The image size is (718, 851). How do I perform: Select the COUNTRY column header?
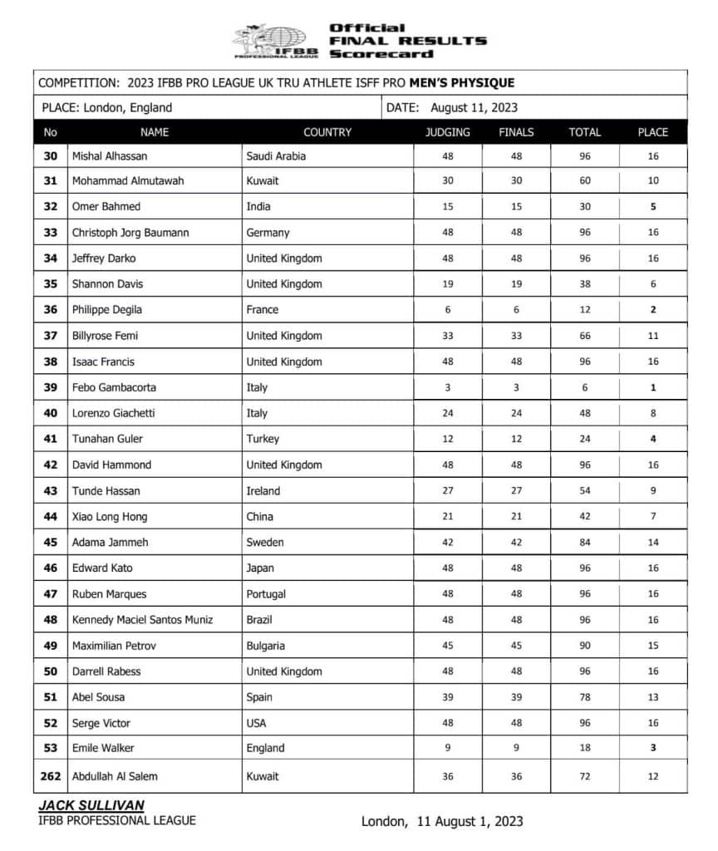(327, 132)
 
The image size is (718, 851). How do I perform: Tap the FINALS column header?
(516, 132)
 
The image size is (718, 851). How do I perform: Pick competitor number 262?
(51, 776)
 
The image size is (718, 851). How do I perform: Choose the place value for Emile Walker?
(652, 748)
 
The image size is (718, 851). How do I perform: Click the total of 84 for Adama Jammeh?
(585, 542)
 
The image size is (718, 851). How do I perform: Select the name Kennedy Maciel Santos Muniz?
(142, 619)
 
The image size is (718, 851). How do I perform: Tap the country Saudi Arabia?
(276, 155)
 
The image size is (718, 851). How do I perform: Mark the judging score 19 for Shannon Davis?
(447, 284)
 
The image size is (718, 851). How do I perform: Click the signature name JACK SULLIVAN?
(91, 806)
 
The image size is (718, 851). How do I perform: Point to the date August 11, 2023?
(475, 107)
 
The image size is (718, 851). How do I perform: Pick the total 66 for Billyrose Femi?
(585, 336)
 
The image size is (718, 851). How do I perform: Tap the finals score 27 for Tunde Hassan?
(516, 490)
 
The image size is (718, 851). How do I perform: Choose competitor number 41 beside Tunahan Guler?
(51, 439)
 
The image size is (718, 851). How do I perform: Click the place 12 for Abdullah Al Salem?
(652, 776)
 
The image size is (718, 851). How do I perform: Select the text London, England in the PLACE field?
(128, 107)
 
